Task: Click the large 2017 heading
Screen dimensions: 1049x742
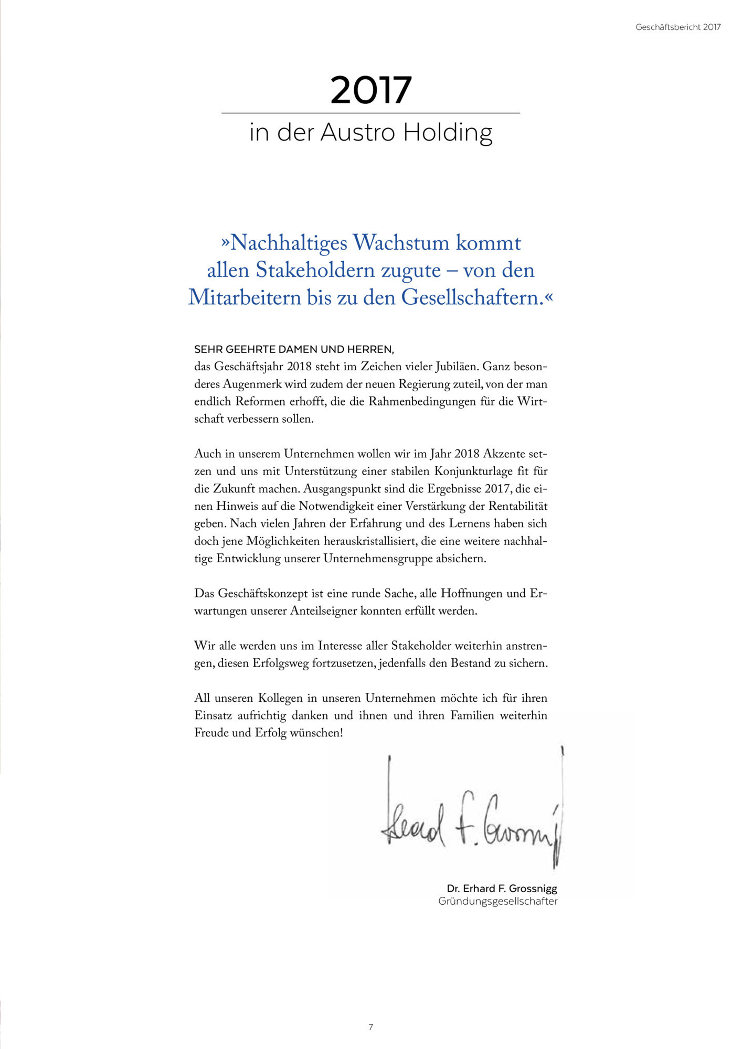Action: pos(370,90)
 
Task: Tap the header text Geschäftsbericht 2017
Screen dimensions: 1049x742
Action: pos(678,27)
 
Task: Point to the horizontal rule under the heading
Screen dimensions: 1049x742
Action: pos(370,113)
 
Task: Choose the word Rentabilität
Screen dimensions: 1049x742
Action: pos(518,506)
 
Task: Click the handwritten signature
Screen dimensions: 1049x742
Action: pos(472,813)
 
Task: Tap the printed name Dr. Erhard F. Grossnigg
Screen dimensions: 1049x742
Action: pos(502,889)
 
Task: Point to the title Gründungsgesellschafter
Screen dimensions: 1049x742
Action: pos(497,901)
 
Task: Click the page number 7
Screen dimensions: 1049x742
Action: pos(370,1027)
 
